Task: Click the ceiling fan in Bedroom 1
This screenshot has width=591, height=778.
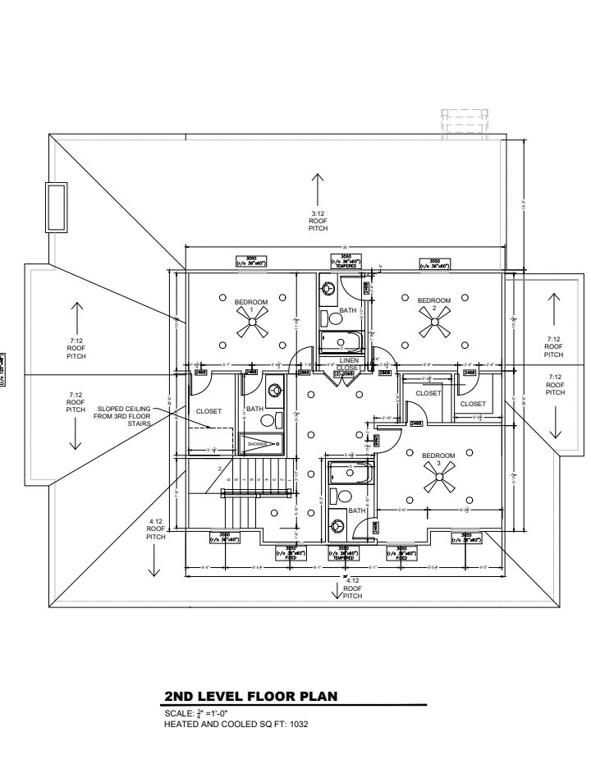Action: tap(251, 326)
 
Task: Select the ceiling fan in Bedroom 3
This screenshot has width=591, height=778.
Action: tap(433, 480)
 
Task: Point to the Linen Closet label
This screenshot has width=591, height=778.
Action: tap(349, 364)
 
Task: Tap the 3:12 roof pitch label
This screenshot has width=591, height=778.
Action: tap(318, 222)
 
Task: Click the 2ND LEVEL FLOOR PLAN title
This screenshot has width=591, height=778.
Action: tap(251, 698)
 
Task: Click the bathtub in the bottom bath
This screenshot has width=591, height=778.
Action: tap(350, 473)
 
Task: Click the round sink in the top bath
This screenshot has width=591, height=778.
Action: tap(328, 289)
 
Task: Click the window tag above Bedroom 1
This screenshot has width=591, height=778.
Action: tap(251, 262)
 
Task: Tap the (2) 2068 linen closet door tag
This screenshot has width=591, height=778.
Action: tap(344, 373)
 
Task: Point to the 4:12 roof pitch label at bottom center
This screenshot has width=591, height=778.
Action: tap(352, 588)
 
